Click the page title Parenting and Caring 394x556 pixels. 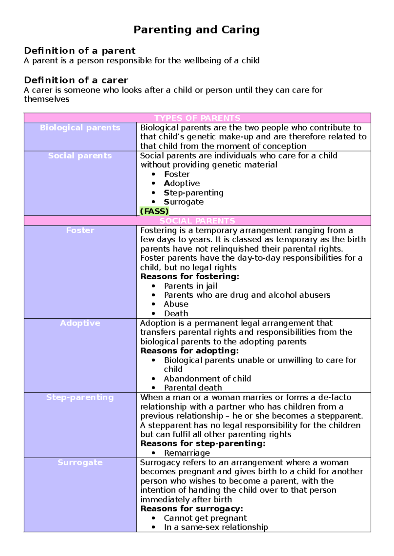pos(196,30)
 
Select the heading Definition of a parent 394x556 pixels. pos(79,51)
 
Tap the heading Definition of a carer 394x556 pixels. pos(76,80)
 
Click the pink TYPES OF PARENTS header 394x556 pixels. pos(197,118)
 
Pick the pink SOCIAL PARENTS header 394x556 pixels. pos(197,221)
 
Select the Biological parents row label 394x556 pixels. pos(80,128)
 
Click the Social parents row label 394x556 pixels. pos(80,156)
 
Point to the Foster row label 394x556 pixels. pos(80,230)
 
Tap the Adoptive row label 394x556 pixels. pos(80,323)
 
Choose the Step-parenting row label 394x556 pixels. pos(80,397)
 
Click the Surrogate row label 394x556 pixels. pos(80,463)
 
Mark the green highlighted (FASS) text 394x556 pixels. pos(154,211)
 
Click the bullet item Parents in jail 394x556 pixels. pos(190,286)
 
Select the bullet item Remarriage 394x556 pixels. pos(187,453)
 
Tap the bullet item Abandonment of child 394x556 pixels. pos(207,379)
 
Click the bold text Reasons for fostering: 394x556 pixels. pos(190,277)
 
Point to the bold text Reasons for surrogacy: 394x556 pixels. pos(191,509)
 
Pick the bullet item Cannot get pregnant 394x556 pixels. pos(205,518)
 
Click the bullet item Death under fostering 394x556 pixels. pos(176,314)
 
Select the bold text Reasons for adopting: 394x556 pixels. pos(189,351)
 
